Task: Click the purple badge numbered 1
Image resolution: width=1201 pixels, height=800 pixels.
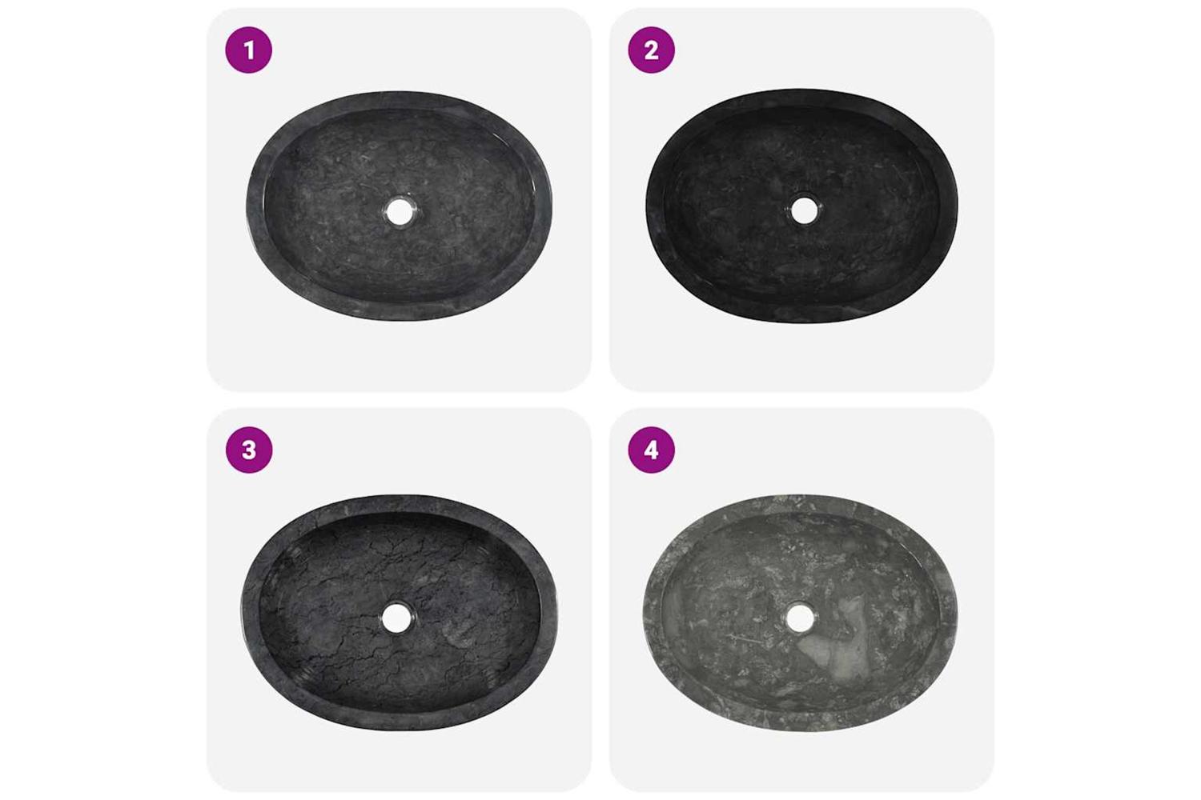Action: pos(249,50)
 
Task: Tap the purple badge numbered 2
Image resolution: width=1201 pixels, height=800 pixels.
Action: pos(651,50)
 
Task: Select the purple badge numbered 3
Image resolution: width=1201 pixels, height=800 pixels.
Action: pos(249,450)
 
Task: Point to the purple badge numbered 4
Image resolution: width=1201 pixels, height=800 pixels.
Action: pos(651,450)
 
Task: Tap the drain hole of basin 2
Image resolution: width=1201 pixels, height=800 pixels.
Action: pos(804,210)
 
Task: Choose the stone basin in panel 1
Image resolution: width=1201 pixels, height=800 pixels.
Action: pos(399,206)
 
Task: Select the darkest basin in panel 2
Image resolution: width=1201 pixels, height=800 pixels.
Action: pos(801,206)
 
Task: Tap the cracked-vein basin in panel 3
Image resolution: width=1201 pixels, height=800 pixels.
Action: pos(399,613)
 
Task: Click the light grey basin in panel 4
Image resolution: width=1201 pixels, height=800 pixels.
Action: pos(801,614)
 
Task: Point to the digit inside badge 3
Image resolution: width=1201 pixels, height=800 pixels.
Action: pos(249,450)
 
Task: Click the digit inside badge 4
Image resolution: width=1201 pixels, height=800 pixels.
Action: pos(651,450)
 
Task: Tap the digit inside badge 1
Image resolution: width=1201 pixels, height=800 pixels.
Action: pos(248,50)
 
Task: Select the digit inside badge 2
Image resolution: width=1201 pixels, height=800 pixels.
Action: pos(651,50)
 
